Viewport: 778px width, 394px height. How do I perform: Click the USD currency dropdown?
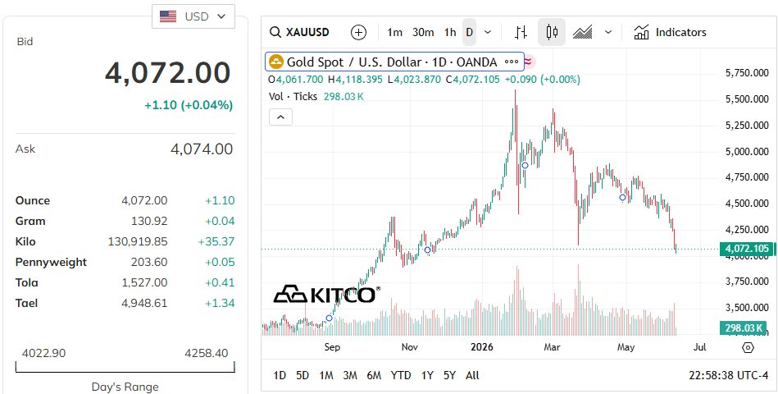[x=193, y=16]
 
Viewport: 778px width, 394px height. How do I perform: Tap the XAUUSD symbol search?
[x=299, y=32]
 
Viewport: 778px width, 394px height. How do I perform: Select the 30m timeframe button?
[x=423, y=32]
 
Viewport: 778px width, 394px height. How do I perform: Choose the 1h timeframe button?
[x=450, y=32]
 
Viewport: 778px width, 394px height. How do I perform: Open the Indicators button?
[x=670, y=32]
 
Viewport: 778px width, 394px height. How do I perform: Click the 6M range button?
[x=374, y=376]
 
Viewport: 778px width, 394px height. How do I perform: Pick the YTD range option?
[x=400, y=376]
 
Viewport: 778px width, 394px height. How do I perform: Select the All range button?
[x=472, y=376]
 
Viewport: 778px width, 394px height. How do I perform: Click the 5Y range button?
[x=449, y=376]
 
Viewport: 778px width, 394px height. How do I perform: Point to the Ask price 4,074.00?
[x=202, y=149]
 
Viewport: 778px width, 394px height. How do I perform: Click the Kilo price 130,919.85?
[x=138, y=242]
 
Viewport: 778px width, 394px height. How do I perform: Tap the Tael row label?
[x=26, y=303]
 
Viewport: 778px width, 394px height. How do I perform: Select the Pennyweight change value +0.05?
[x=220, y=263]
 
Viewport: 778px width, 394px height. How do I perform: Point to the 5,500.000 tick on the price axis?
[x=747, y=99]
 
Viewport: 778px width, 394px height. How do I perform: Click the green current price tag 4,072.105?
[x=746, y=249]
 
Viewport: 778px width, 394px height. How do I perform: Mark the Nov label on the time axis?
[x=409, y=346]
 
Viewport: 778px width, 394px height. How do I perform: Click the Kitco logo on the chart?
[x=327, y=294]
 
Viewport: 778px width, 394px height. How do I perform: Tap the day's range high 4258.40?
[x=207, y=353]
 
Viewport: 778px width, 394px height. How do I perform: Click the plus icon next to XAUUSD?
[x=358, y=32]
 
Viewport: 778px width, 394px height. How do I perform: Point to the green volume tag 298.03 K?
[x=744, y=328]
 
